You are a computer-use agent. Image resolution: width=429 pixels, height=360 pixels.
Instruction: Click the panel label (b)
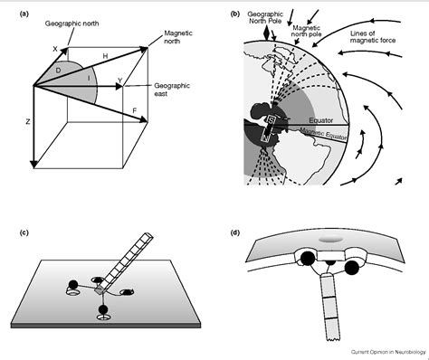tap(235, 14)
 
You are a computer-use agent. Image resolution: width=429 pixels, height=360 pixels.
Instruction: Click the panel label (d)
tap(235, 234)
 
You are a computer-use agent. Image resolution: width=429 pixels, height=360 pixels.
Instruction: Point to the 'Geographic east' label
tap(174, 90)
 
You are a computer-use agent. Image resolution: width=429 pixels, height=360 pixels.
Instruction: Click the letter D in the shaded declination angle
tap(59, 69)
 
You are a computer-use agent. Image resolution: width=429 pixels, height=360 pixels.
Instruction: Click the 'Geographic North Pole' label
tap(272, 19)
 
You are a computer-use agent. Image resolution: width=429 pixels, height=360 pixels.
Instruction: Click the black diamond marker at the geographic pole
tap(264, 34)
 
